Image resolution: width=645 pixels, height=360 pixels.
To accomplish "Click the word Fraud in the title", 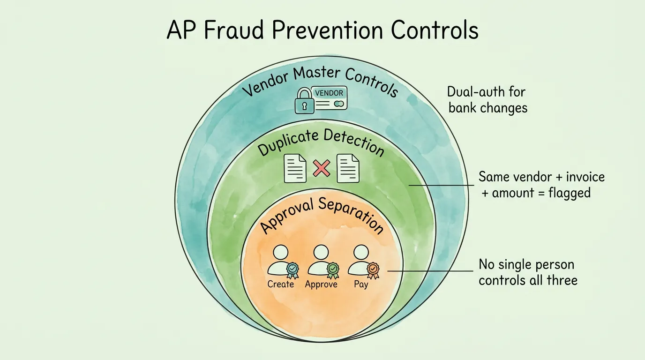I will pos(228,30).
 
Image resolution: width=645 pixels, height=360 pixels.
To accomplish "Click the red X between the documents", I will pos(322,168).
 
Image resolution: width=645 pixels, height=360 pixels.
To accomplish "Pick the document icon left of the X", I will pos(295,168).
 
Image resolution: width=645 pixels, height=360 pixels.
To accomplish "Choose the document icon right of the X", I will pos(348,168).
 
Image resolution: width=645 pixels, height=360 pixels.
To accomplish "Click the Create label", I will pos(281,284).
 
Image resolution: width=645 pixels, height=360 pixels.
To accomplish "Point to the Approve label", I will pos(321,284).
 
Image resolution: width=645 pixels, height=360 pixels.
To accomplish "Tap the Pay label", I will pos(360,284).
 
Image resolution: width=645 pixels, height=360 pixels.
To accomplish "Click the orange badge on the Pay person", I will pos(373,269).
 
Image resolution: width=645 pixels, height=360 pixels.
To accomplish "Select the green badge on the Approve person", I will pos(332,269).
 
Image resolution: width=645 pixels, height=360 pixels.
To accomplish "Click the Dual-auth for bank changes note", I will pos(487,99).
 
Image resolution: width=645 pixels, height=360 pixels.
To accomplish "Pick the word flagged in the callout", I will pos(570,192).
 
